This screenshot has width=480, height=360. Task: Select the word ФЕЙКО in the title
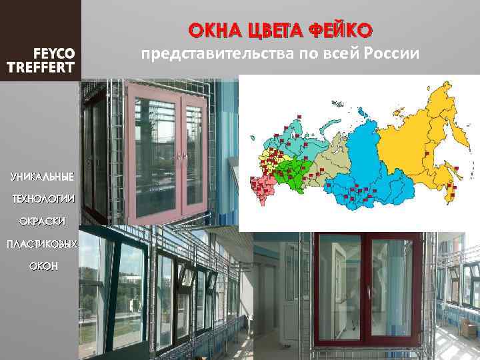341,30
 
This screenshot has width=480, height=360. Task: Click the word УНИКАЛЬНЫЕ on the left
42,177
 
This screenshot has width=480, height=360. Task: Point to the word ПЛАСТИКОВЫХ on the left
42,244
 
